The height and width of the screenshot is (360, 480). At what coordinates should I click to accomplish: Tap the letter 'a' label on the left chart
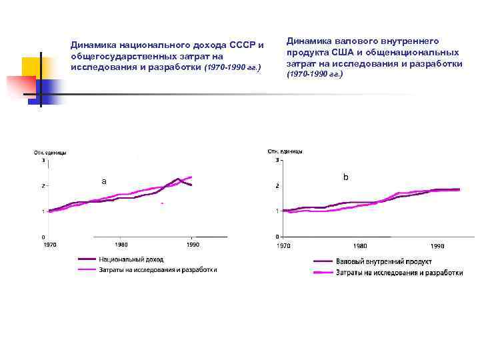point(103,181)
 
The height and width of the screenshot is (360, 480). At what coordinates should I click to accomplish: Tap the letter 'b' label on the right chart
point(345,177)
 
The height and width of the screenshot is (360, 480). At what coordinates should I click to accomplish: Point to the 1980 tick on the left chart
point(120,245)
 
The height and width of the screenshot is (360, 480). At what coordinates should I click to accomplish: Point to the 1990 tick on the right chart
point(437,246)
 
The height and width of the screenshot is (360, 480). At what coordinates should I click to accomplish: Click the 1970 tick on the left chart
point(50,245)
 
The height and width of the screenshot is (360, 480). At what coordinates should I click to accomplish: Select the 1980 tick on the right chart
point(360,246)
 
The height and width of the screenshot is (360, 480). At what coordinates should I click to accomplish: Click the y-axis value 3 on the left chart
point(44,160)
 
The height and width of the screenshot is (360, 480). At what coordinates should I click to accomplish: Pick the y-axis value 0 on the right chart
point(277,237)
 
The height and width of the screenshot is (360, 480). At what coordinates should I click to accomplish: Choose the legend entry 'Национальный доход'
point(131,259)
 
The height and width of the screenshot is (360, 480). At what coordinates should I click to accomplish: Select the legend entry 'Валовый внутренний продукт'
point(383,262)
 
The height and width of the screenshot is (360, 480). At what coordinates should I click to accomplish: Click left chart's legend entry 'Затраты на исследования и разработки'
point(157,270)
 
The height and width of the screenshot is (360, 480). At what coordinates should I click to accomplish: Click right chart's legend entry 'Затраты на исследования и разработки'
point(399,273)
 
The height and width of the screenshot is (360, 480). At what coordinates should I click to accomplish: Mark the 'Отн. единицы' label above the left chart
point(50,153)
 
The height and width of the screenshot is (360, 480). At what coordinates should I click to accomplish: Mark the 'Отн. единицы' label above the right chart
point(285,151)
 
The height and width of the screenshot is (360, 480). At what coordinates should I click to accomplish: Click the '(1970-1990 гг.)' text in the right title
point(314,74)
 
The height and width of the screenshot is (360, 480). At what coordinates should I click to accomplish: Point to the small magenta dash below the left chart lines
point(162,203)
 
